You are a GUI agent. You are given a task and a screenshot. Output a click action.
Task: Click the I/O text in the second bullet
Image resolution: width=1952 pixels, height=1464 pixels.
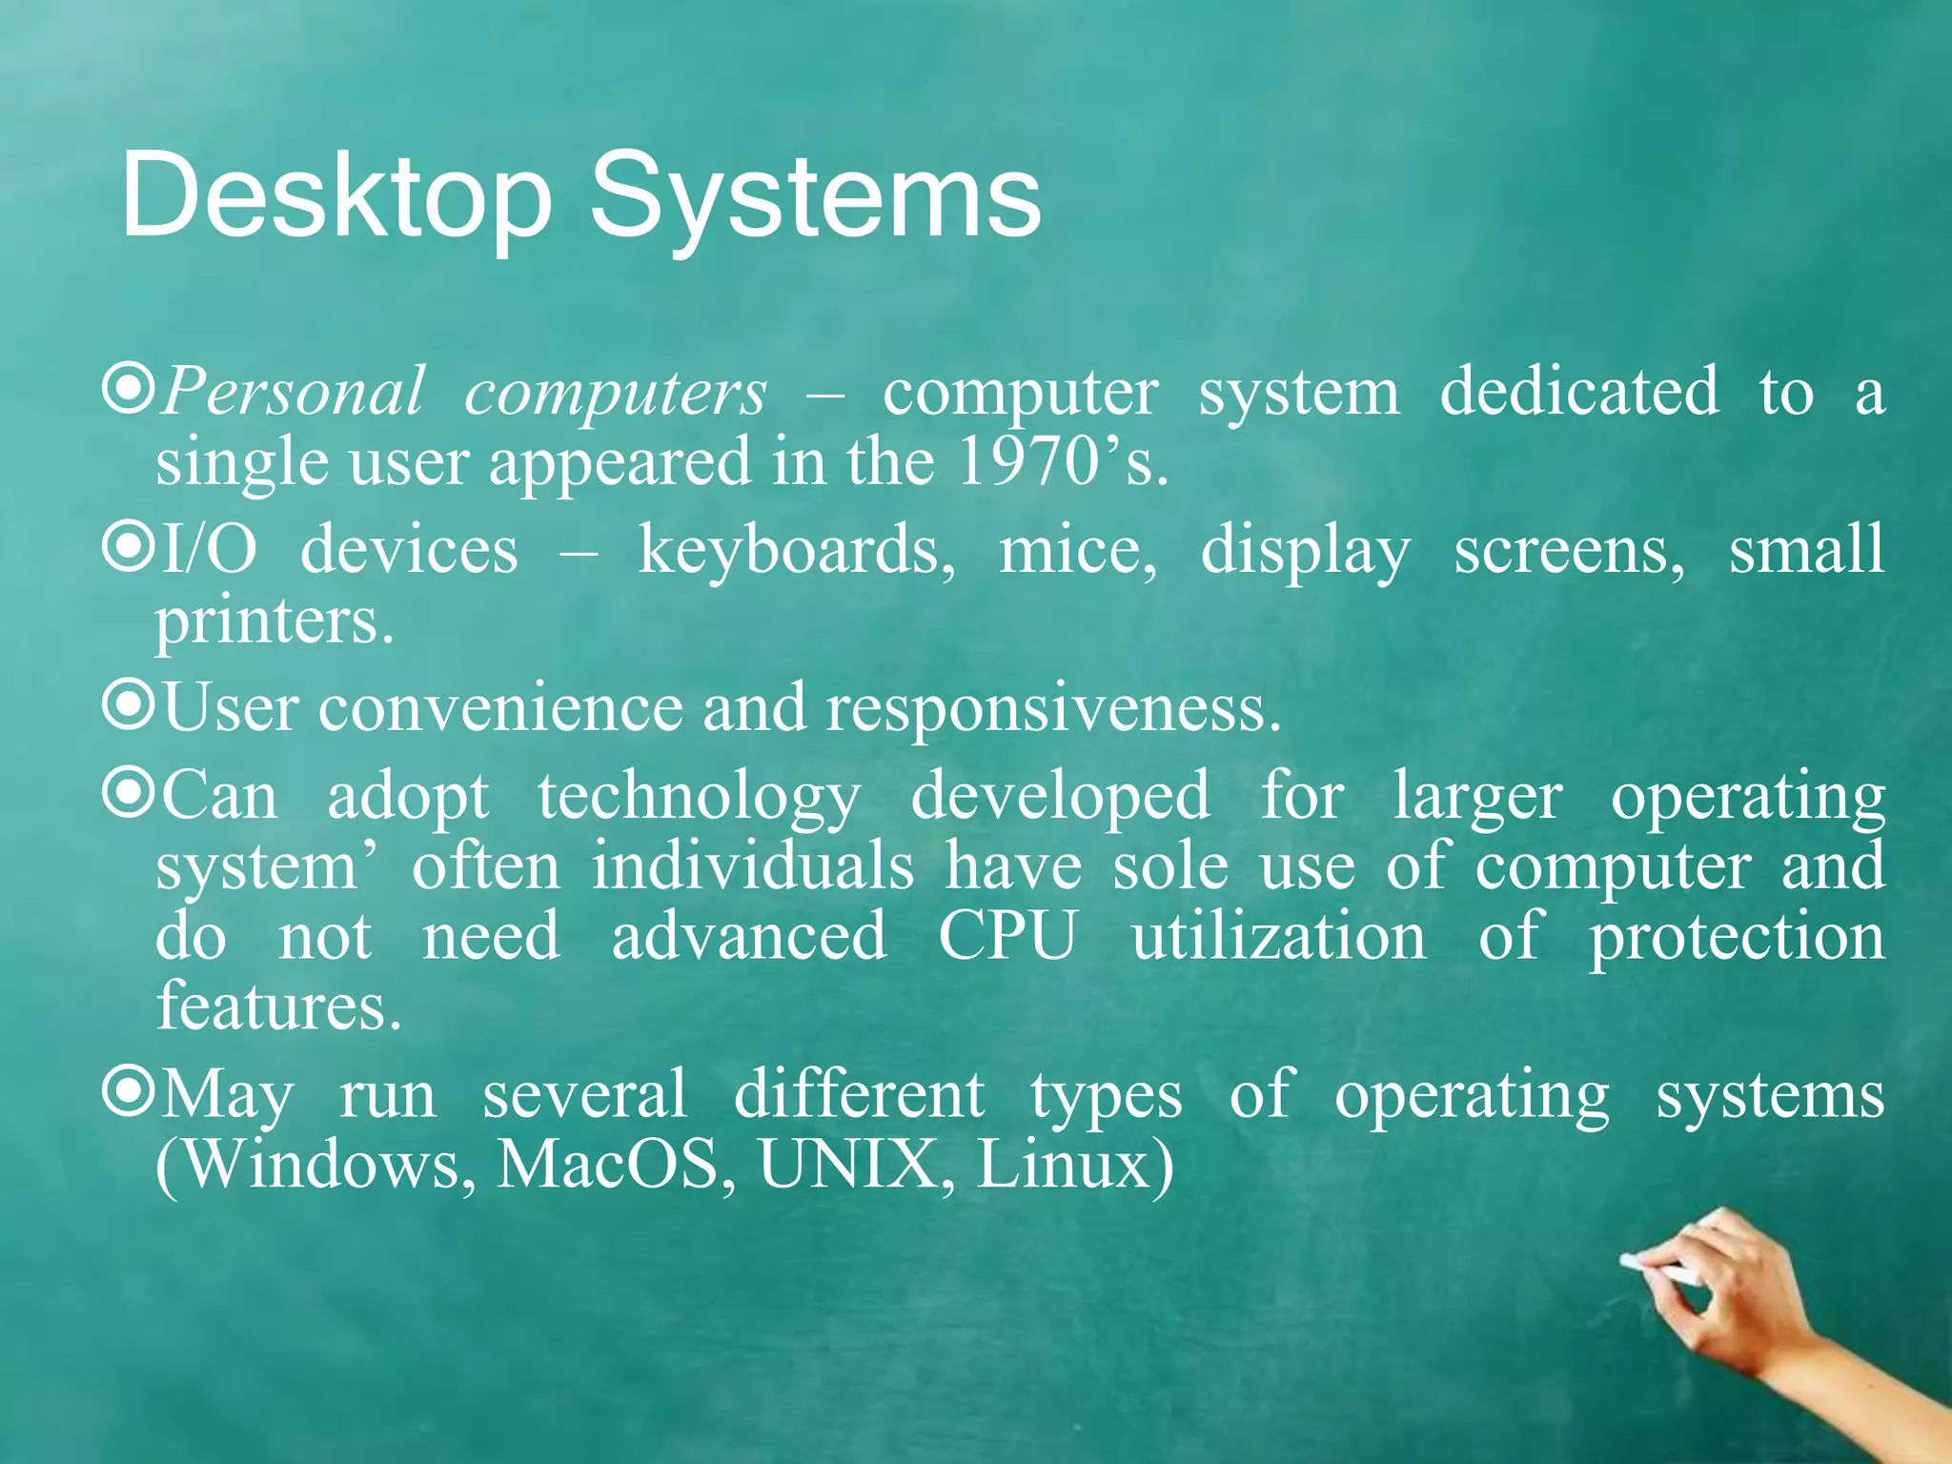(209, 551)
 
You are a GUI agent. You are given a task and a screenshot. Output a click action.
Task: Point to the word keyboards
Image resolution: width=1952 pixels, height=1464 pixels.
(796, 551)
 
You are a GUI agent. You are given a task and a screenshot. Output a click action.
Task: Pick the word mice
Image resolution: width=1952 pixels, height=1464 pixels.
(1078, 551)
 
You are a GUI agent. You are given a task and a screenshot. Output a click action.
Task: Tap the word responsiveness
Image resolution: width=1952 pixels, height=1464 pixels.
(1052, 709)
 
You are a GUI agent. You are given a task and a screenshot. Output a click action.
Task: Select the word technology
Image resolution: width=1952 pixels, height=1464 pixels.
(699, 797)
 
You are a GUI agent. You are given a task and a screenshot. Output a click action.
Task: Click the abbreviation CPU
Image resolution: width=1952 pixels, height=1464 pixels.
(1007, 936)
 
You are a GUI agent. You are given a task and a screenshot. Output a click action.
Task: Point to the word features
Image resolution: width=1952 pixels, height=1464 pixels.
(278, 1006)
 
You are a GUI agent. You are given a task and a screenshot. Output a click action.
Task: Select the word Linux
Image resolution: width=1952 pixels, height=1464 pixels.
(1064, 1165)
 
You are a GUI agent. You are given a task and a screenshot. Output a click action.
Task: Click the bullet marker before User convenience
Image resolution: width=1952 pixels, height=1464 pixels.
(128, 704)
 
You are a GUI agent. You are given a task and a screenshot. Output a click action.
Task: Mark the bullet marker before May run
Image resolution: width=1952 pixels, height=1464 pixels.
(128, 1092)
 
